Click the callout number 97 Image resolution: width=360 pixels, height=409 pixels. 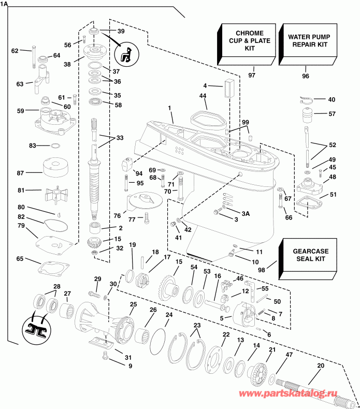[x=252, y=76]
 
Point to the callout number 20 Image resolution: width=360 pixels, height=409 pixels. [x=320, y=366]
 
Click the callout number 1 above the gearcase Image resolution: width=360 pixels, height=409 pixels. [x=169, y=107]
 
